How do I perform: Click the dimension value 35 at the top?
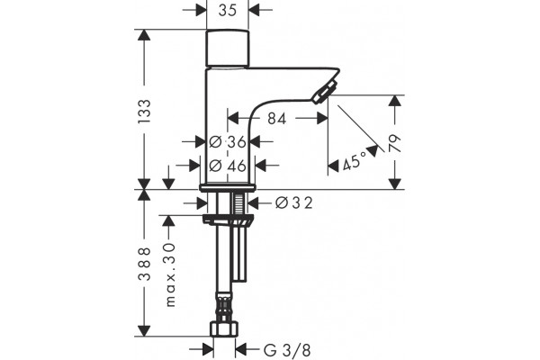click(x=228, y=10)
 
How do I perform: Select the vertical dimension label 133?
click(x=145, y=112)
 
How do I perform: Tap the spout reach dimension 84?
click(x=277, y=119)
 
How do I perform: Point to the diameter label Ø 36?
click(x=228, y=141)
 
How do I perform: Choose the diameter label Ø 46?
click(x=228, y=166)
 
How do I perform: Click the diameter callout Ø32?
click(x=294, y=202)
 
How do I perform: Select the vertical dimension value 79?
click(x=395, y=143)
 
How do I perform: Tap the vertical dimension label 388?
click(x=145, y=264)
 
